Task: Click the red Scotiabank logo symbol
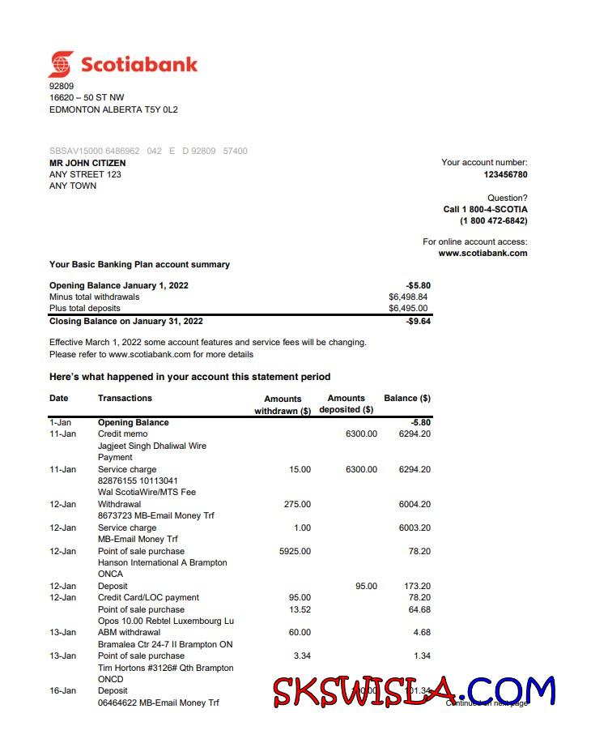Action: click(x=61, y=64)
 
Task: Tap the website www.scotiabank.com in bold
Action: click(x=483, y=253)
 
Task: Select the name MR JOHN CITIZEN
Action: click(x=87, y=163)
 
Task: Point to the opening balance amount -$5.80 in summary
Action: click(x=418, y=286)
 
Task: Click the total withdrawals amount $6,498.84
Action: click(x=408, y=297)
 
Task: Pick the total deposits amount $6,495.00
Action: click(x=408, y=308)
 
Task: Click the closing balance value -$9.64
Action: click(x=418, y=322)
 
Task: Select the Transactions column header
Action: click(x=125, y=398)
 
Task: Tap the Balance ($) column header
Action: click(x=406, y=398)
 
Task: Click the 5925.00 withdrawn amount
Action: click(x=294, y=551)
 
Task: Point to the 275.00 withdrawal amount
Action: click(x=297, y=504)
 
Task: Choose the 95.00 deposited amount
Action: click(x=366, y=586)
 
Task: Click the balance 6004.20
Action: click(x=415, y=504)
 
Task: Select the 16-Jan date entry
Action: click(x=62, y=691)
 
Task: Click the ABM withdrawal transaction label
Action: click(x=129, y=632)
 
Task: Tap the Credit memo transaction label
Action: click(x=122, y=433)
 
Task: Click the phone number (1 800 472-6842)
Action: click(x=493, y=220)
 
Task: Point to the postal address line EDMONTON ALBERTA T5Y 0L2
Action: click(x=113, y=109)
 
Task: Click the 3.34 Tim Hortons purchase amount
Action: click(x=300, y=655)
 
